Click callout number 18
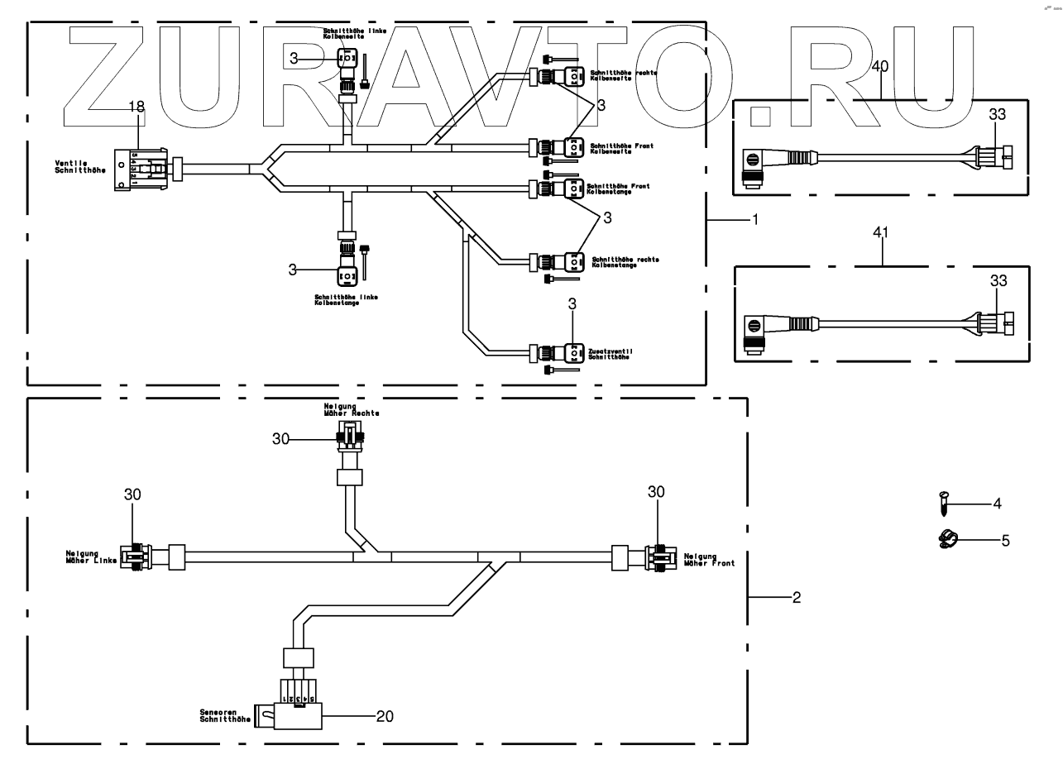(x=136, y=106)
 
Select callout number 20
(x=385, y=716)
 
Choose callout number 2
(x=797, y=596)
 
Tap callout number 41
(x=881, y=234)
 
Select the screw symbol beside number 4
(x=944, y=502)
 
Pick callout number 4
(x=997, y=503)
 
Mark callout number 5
(x=1005, y=541)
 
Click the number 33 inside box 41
(x=998, y=280)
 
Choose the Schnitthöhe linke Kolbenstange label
(x=346, y=299)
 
